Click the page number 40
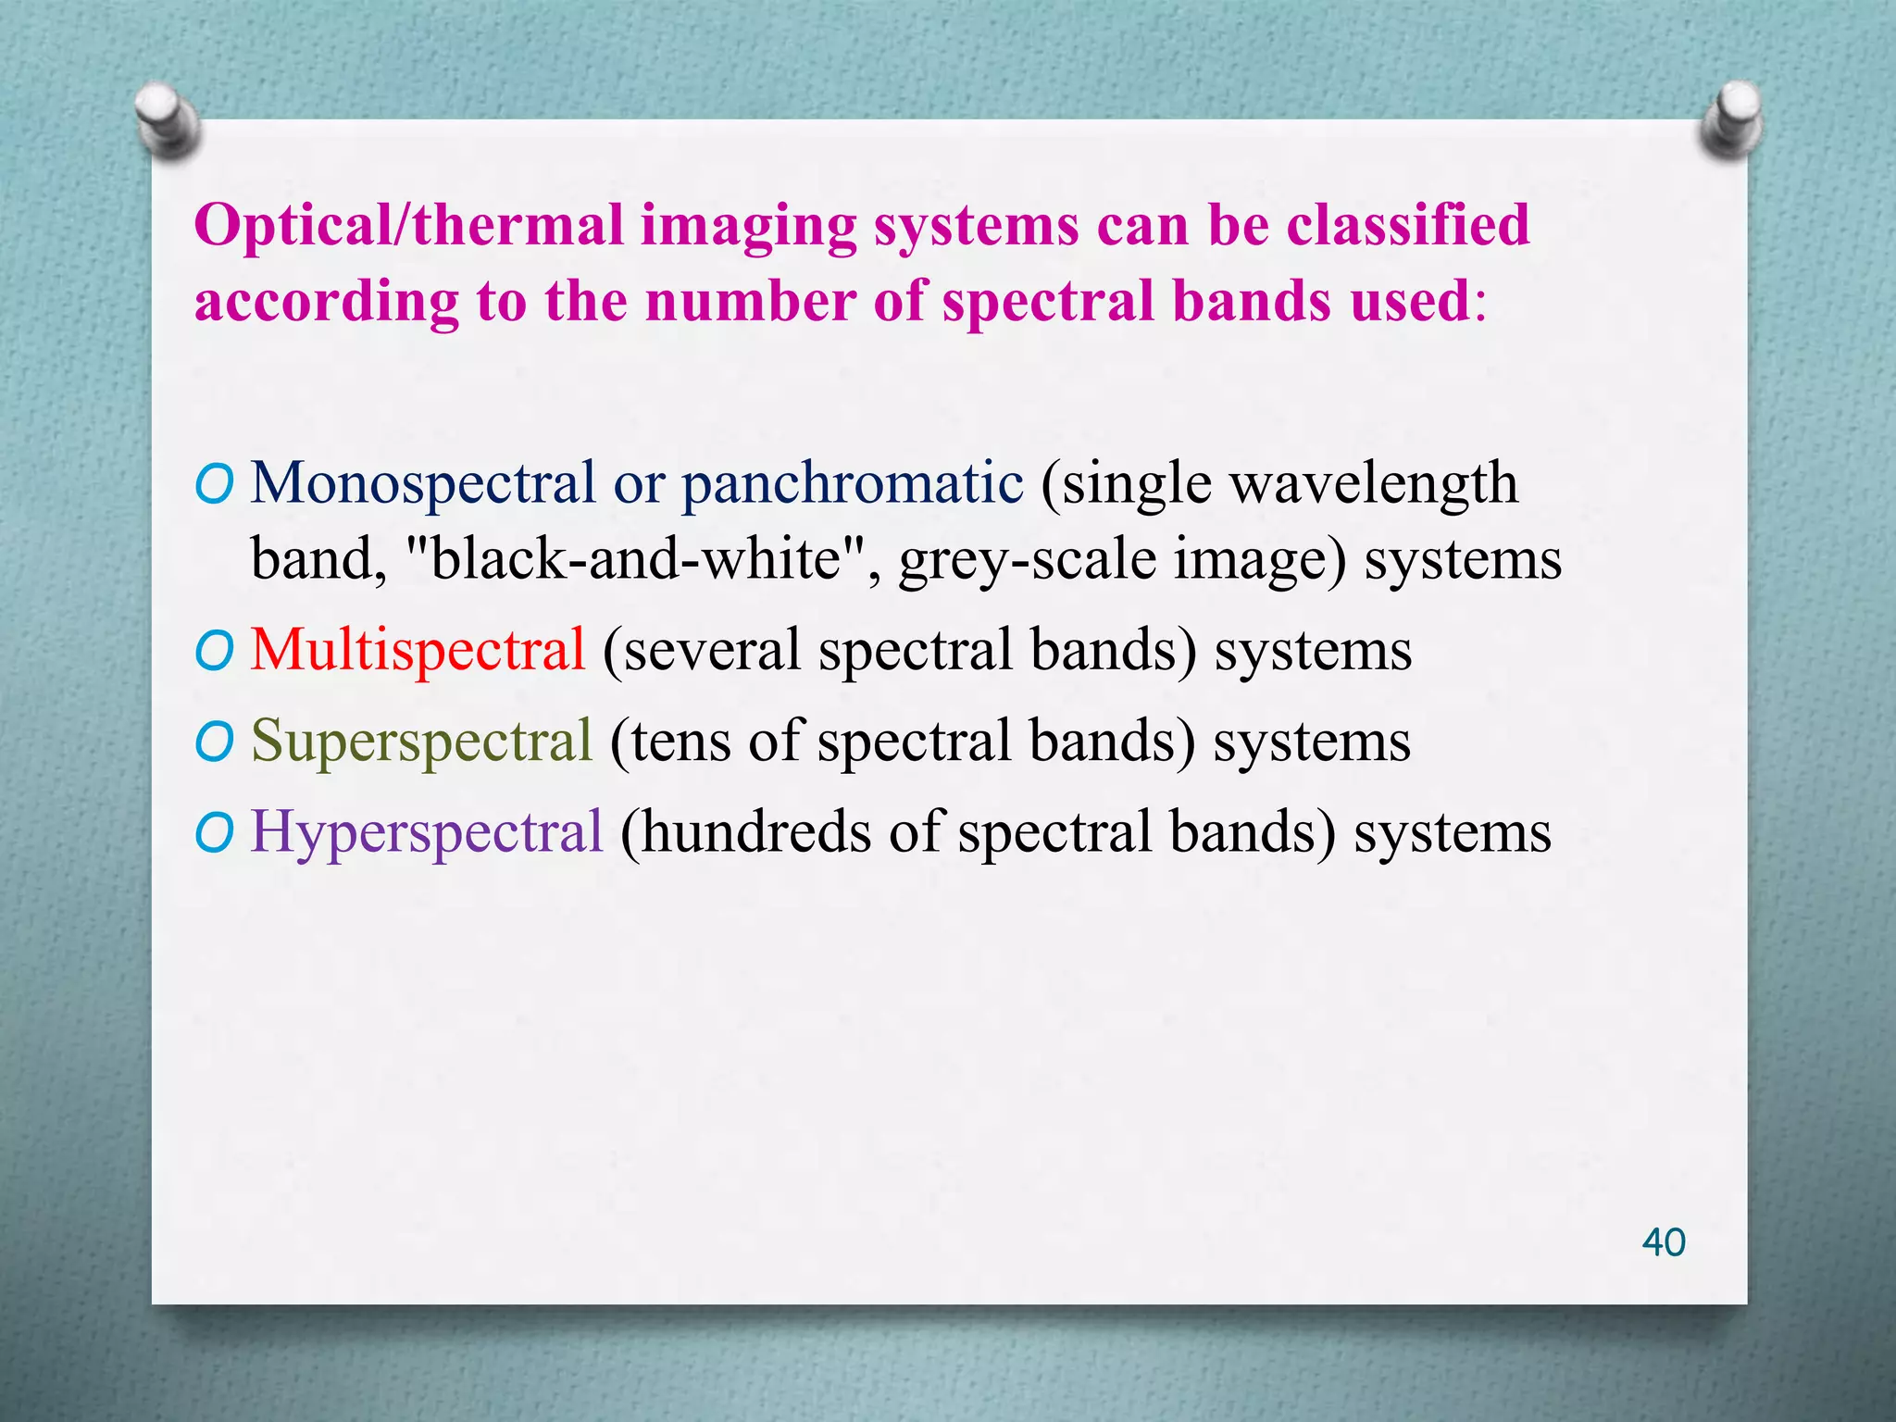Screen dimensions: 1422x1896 (1663, 1242)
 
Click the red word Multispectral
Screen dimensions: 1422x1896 (418, 649)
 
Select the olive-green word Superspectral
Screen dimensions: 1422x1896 (421, 741)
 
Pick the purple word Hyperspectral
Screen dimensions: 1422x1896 (427, 831)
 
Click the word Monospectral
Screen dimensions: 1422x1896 (423, 484)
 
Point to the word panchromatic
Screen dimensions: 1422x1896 (852, 484)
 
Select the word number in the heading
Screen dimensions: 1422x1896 (750, 302)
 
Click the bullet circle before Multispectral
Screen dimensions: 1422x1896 (214, 652)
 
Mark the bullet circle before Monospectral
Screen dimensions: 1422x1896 (214, 485)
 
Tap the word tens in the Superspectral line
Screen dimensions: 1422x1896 (682, 742)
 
